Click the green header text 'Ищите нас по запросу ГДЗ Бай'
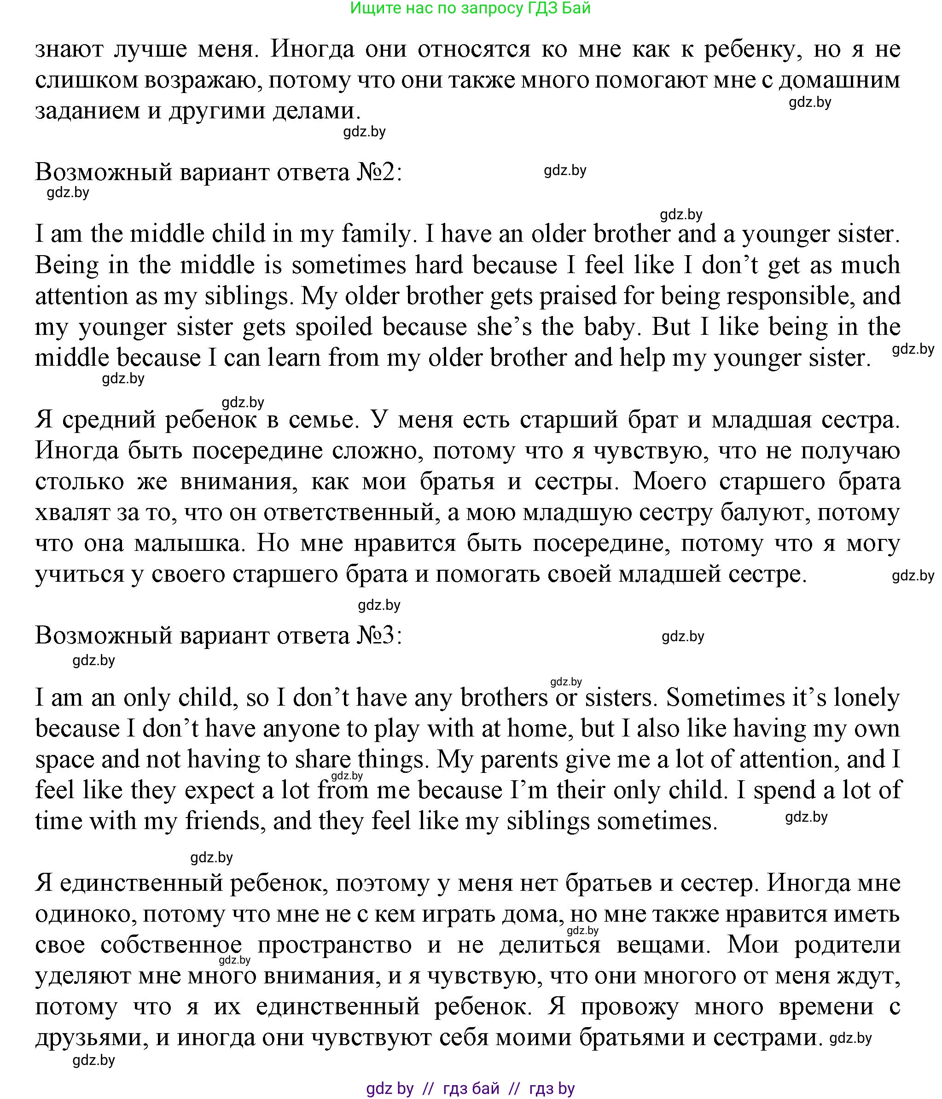pos(470,8)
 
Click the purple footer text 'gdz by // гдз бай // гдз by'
pos(470,1088)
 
